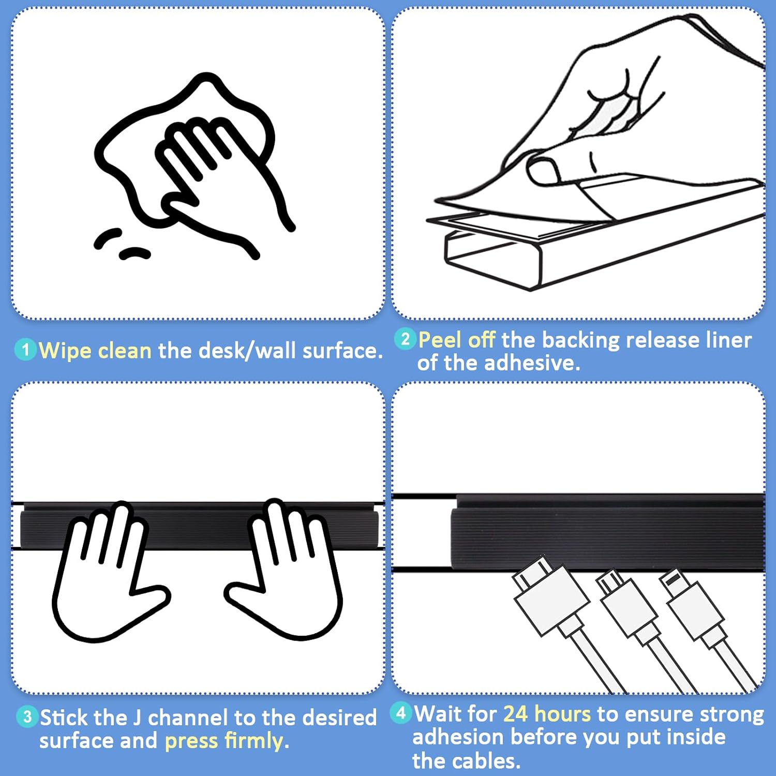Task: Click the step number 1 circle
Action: pos(25,350)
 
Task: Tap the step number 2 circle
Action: pos(405,339)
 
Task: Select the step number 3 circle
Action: pos(27,717)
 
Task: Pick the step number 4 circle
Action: pos(401,713)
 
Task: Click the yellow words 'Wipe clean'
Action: pos(95,351)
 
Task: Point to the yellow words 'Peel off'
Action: pos(457,340)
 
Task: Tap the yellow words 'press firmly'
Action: pos(224,741)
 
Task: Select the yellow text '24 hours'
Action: pos(547,714)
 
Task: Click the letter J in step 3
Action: pos(137,718)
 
